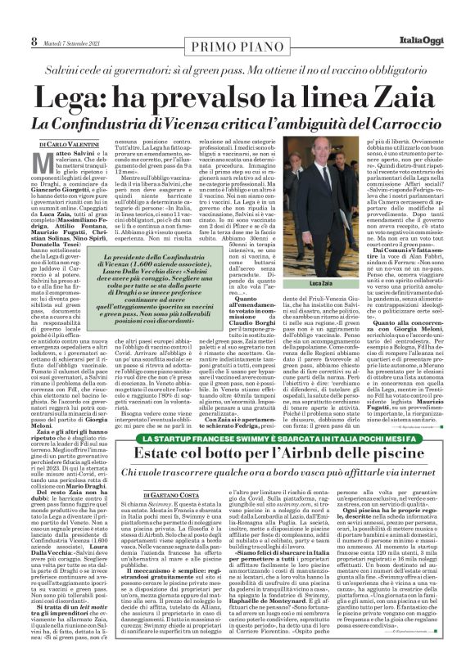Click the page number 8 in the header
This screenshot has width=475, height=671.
(34, 40)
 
